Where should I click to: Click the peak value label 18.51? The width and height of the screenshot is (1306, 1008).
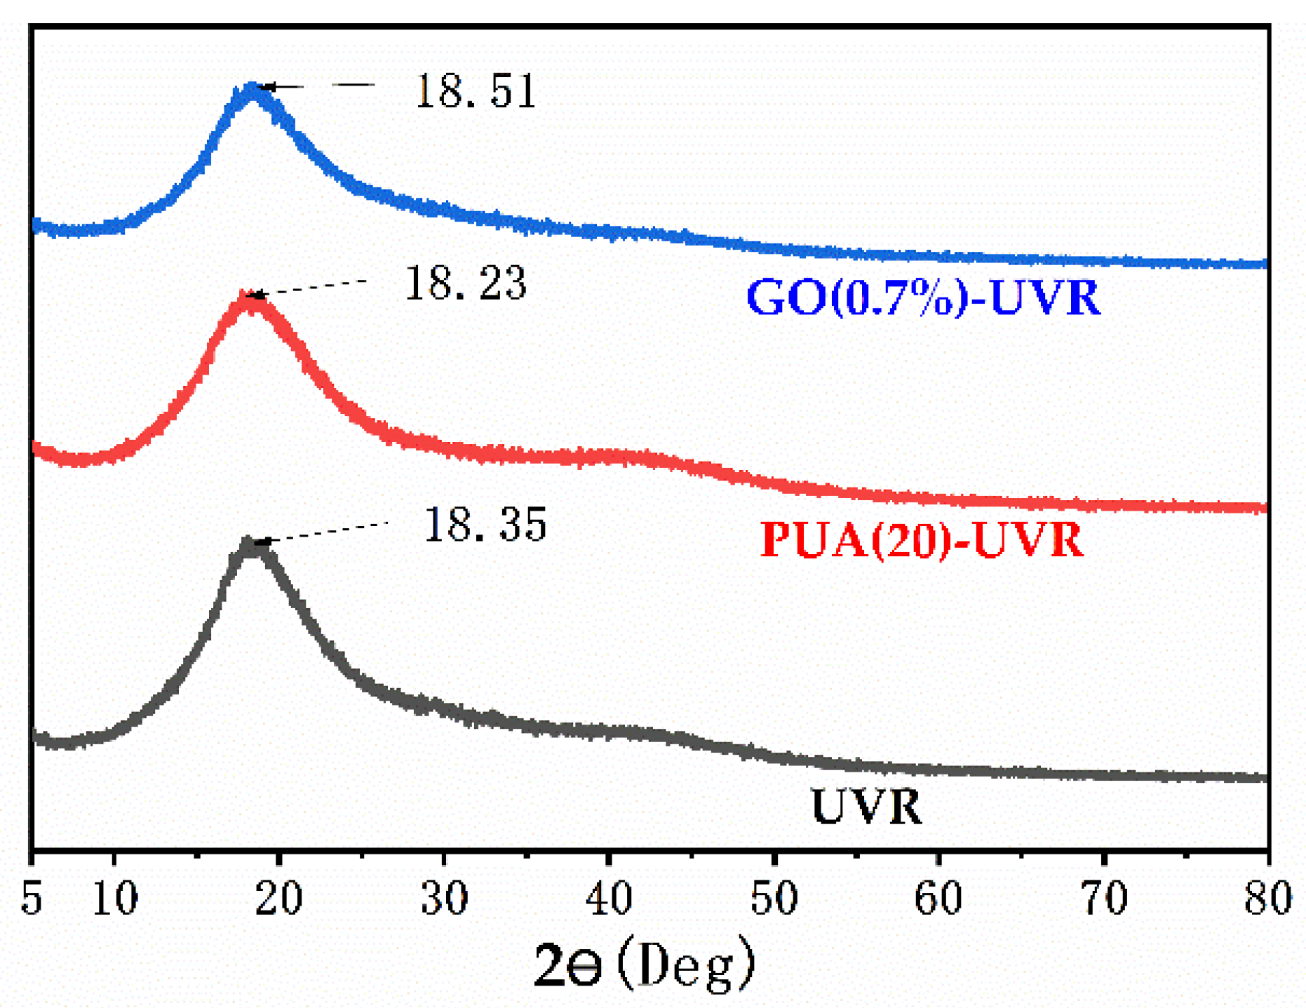476,91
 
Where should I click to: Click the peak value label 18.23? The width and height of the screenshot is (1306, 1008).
465,283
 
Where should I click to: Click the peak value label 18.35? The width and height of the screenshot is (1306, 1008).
485,524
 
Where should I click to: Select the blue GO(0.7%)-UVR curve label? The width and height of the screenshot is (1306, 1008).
923,298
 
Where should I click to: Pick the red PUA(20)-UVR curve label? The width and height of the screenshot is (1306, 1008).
922,541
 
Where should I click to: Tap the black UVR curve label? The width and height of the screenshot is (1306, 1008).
866,807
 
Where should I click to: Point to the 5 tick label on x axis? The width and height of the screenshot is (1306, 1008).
32,898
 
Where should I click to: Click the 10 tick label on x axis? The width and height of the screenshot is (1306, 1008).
115,898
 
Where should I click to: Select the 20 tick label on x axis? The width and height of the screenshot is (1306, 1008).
278,898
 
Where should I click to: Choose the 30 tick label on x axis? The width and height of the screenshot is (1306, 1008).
444,898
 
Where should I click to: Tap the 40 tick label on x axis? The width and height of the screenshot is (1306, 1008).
609,898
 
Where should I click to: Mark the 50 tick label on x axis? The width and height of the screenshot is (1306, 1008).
774,898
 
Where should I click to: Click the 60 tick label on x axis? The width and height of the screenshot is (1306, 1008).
938,898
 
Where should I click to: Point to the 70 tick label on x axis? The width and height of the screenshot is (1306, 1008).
1104,898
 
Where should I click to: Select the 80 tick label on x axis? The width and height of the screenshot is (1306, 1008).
1267,898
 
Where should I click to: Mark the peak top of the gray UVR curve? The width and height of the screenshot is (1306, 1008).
249,542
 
